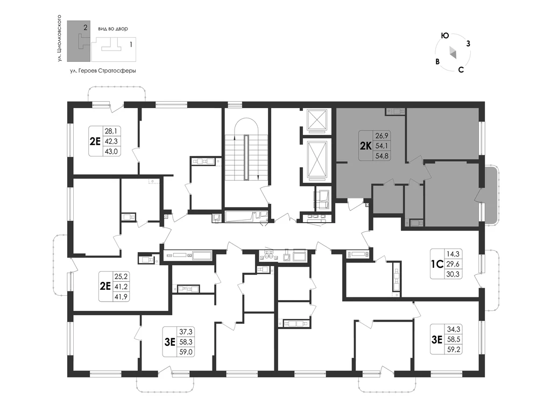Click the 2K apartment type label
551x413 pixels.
(x=365, y=146)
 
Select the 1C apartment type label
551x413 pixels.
(x=437, y=264)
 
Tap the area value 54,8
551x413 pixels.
(x=382, y=155)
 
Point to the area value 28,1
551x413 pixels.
(x=111, y=131)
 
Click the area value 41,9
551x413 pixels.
(x=121, y=297)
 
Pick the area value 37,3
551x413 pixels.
(x=186, y=331)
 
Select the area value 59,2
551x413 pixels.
(x=453, y=350)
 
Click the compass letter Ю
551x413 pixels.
(x=445, y=35)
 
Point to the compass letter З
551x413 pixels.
(x=468, y=44)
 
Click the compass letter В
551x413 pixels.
(x=437, y=61)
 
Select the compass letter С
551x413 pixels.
(x=461, y=69)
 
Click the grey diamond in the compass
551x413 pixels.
(x=453, y=53)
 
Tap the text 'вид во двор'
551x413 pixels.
(x=113, y=29)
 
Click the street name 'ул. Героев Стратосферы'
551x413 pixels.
(x=103, y=70)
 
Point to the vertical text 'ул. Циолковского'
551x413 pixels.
(x=60, y=38)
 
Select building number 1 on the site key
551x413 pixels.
(x=131, y=45)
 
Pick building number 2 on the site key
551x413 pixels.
(x=86, y=27)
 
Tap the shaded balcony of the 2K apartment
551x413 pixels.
(x=490, y=195)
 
